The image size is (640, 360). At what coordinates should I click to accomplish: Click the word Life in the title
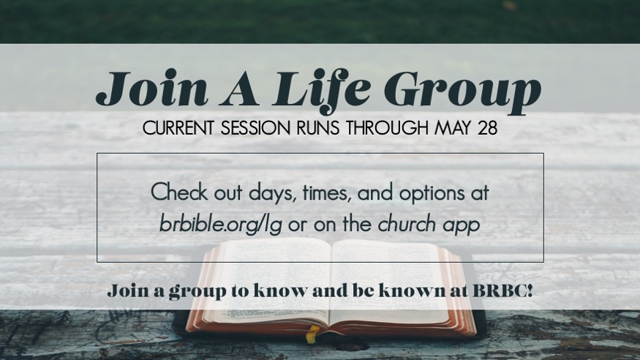(x=322, y=90)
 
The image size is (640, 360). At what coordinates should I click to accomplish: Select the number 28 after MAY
(x=487, y=128)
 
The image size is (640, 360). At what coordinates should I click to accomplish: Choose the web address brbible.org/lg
(x=221, y=225)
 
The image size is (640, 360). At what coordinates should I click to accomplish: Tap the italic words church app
(x=429, y=225)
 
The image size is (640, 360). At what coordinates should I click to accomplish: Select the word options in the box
(x=432, y=193)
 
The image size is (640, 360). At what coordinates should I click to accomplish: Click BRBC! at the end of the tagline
(x=502, y=290)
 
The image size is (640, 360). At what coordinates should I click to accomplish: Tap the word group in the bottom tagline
(x=197, y=292)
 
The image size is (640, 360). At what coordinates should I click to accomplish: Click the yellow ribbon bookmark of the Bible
(x=312, y=334)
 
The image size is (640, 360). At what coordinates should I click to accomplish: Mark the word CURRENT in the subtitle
(x=178, y=128)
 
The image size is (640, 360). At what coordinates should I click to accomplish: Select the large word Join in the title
(x=152, y=88)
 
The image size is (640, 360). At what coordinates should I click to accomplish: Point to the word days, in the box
(x=272, y=192)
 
